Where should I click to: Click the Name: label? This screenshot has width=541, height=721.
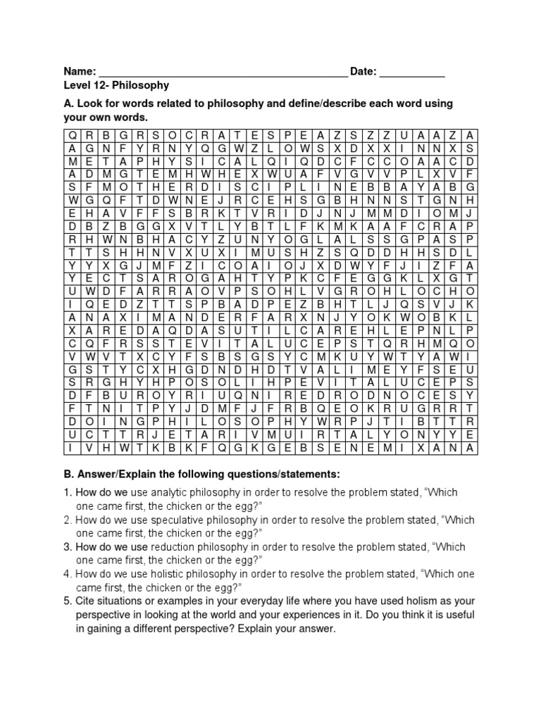pos(80,72)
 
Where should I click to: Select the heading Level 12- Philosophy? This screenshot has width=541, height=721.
pos(116,85)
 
